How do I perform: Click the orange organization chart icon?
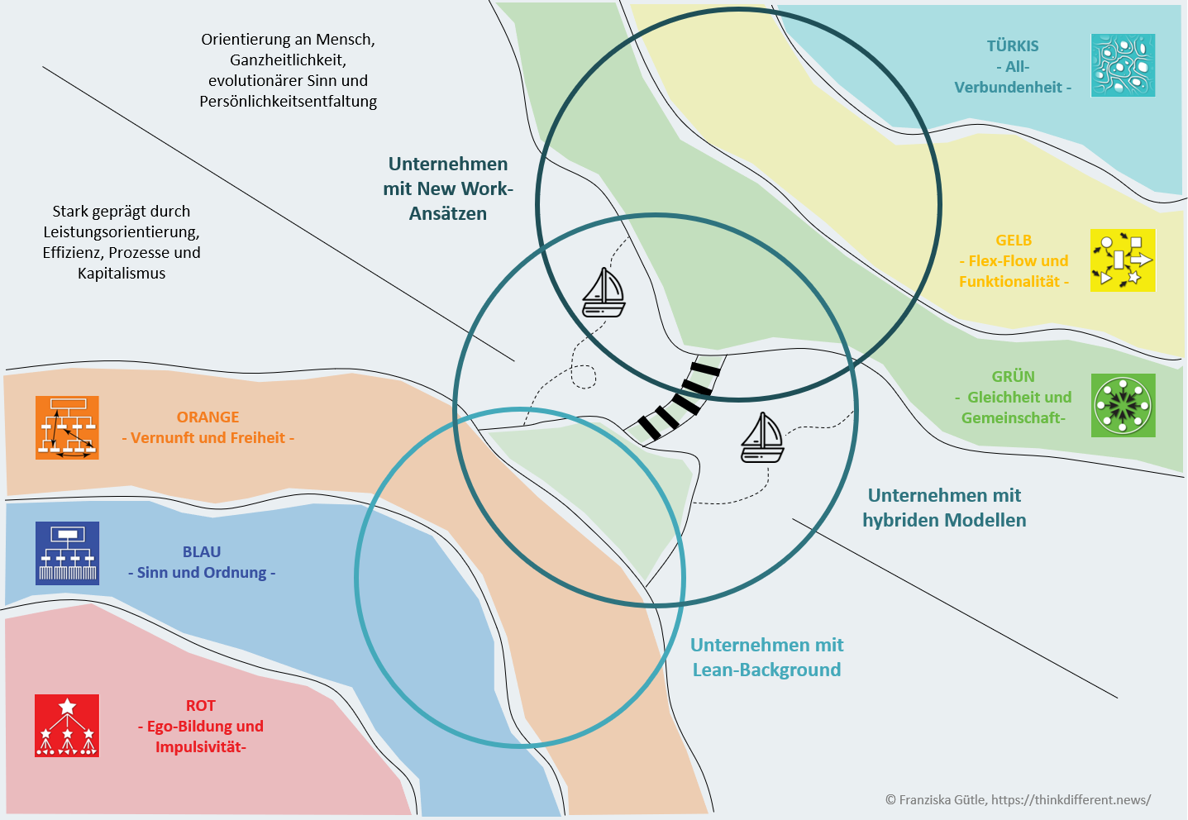click(67, 427)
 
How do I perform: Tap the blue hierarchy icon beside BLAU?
click(67, 553)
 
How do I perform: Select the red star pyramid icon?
click(67, 725)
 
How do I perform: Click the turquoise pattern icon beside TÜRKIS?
click(1123, 65)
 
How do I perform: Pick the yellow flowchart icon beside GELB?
click(1123, 260)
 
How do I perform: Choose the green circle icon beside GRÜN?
click(1123, 405)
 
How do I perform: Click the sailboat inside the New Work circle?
click(604, 293)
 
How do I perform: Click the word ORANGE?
click(208, 417)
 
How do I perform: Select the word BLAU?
click(202, 552)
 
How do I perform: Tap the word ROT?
click(200, 706)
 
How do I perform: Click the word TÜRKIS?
click(1012, 46)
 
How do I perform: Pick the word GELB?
click(1014, 241)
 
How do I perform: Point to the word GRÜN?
click(1013, 377)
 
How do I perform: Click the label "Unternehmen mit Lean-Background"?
click(766, 657)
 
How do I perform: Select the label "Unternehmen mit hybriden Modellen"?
click(944, 508)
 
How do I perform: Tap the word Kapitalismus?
click(122, 274)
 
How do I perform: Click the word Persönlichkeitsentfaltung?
click(288, 102)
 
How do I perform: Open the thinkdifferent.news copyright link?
click(1071, 799)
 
